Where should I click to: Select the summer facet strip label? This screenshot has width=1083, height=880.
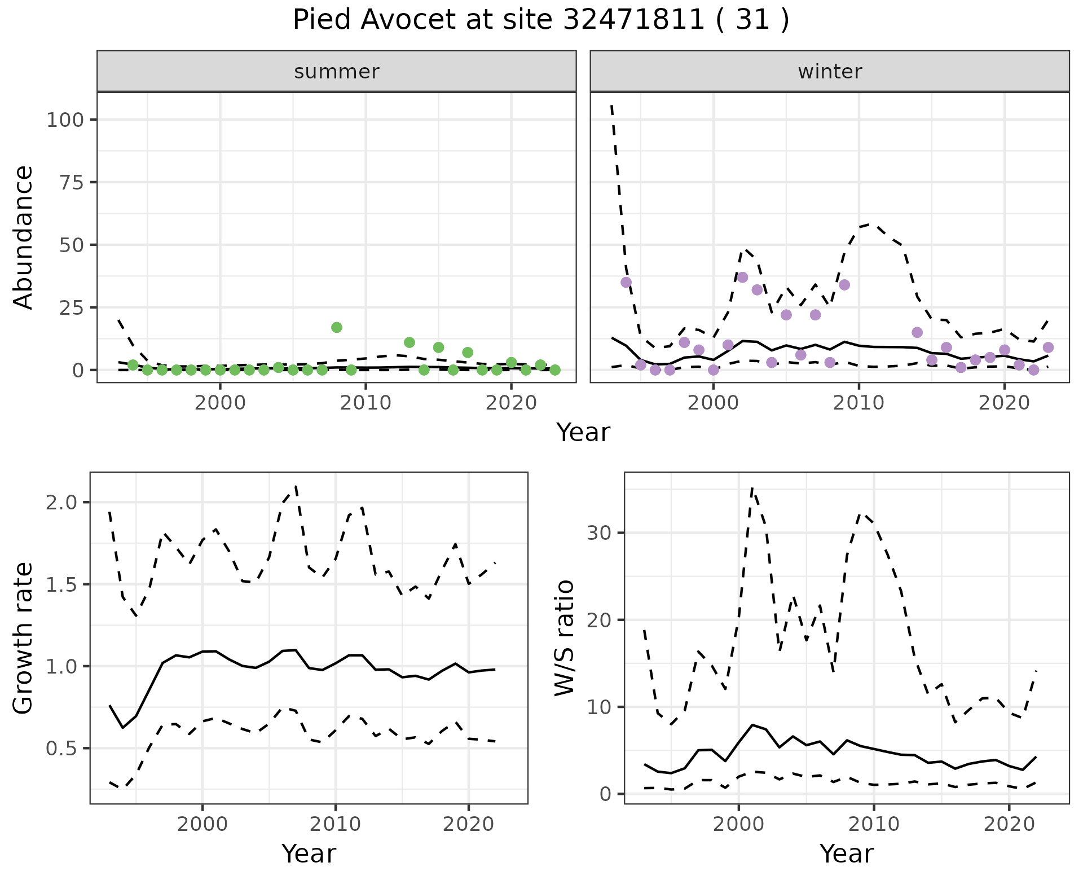click(x=337, y=72)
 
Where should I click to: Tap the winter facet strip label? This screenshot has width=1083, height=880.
click(x=830, y=72)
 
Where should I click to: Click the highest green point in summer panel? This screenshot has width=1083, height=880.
click(x=337, y=327)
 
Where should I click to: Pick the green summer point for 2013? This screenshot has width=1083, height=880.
click(x=410, y=342)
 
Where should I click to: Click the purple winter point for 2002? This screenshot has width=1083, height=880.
click(x=742, y=277)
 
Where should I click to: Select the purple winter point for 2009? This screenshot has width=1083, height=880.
click(x=844, y=285)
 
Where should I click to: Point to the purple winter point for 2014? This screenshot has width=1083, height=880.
click(x=917, y=332)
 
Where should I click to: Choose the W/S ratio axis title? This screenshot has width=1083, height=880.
click(x=564, y=639)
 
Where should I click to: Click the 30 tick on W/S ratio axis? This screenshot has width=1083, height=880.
click(x=598, y=533)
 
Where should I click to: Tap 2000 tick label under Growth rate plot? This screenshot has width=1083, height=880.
click(x=202, y=824)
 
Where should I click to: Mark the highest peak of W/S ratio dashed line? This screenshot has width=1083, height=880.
click(x=752, y=489)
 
